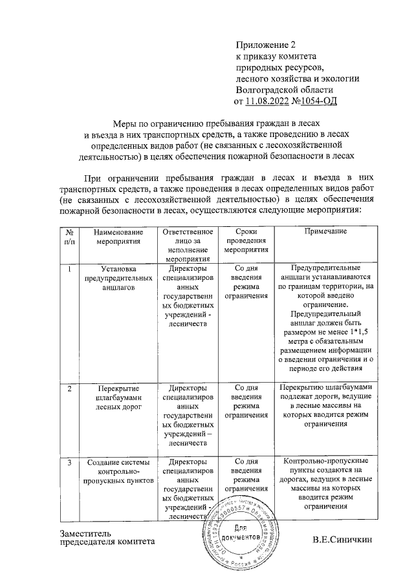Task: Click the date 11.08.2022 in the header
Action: [x=269, y=101]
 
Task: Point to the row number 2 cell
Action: [x=69, y=388]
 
